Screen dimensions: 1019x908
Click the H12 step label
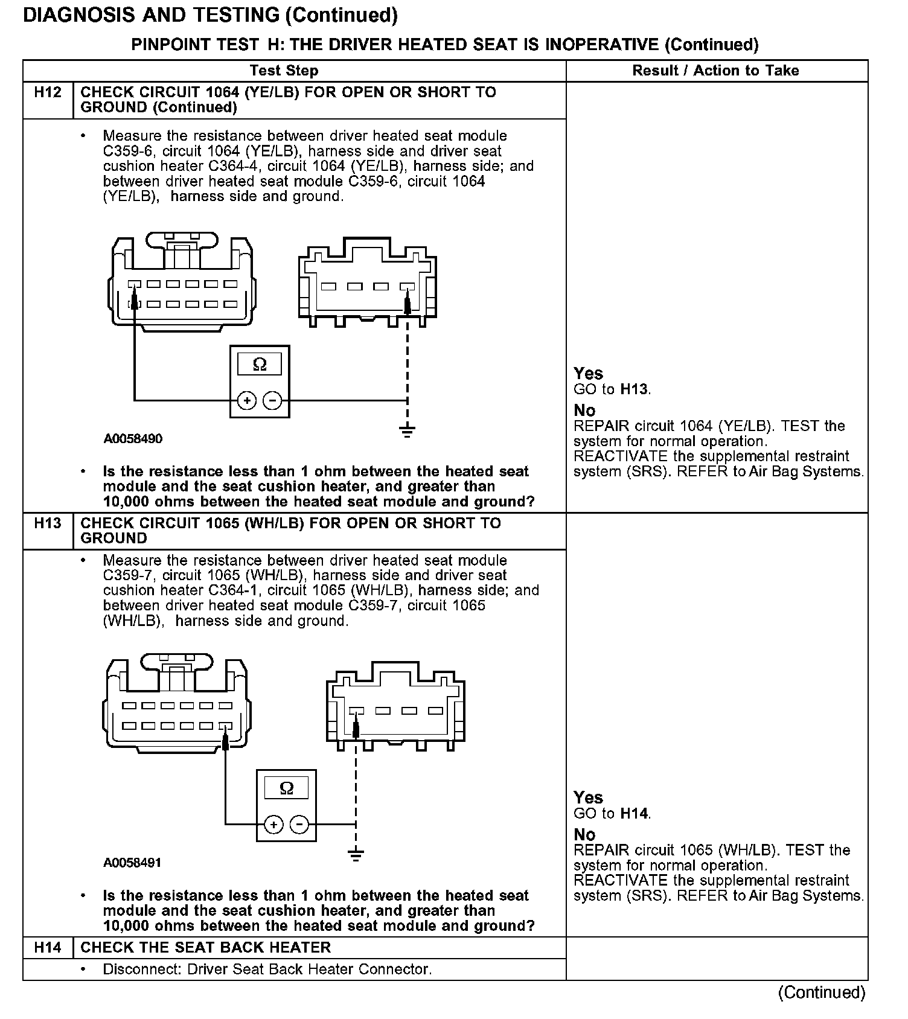(x=47, y=92)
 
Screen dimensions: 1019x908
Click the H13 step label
(x=47, y=523)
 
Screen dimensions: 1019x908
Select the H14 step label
(x=47, y=947)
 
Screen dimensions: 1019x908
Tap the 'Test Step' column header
(x=284, y=71)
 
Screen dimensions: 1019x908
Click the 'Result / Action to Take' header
(x=715, y=71)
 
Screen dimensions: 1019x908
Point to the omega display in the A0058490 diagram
(x=260, y=364)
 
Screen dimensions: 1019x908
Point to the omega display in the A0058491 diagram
(x=287, y=788)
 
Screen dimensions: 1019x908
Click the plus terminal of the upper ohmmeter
(x=247, y=400)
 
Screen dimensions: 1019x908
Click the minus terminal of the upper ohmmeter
(x=273, y=400)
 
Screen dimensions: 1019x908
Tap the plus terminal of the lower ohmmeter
(x=273, y=824)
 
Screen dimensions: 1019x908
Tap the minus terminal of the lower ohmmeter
(x=299, y=824)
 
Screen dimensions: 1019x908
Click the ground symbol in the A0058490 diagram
(x=408, y=431)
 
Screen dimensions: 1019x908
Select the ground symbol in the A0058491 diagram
(x=356, y=855)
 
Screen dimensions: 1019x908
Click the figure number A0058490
(x=133, y=439)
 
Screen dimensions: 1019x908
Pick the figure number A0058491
(x=132, y=863)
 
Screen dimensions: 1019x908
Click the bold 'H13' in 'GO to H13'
(x=634, y=389)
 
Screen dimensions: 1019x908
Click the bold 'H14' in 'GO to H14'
(x=634, y=814)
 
